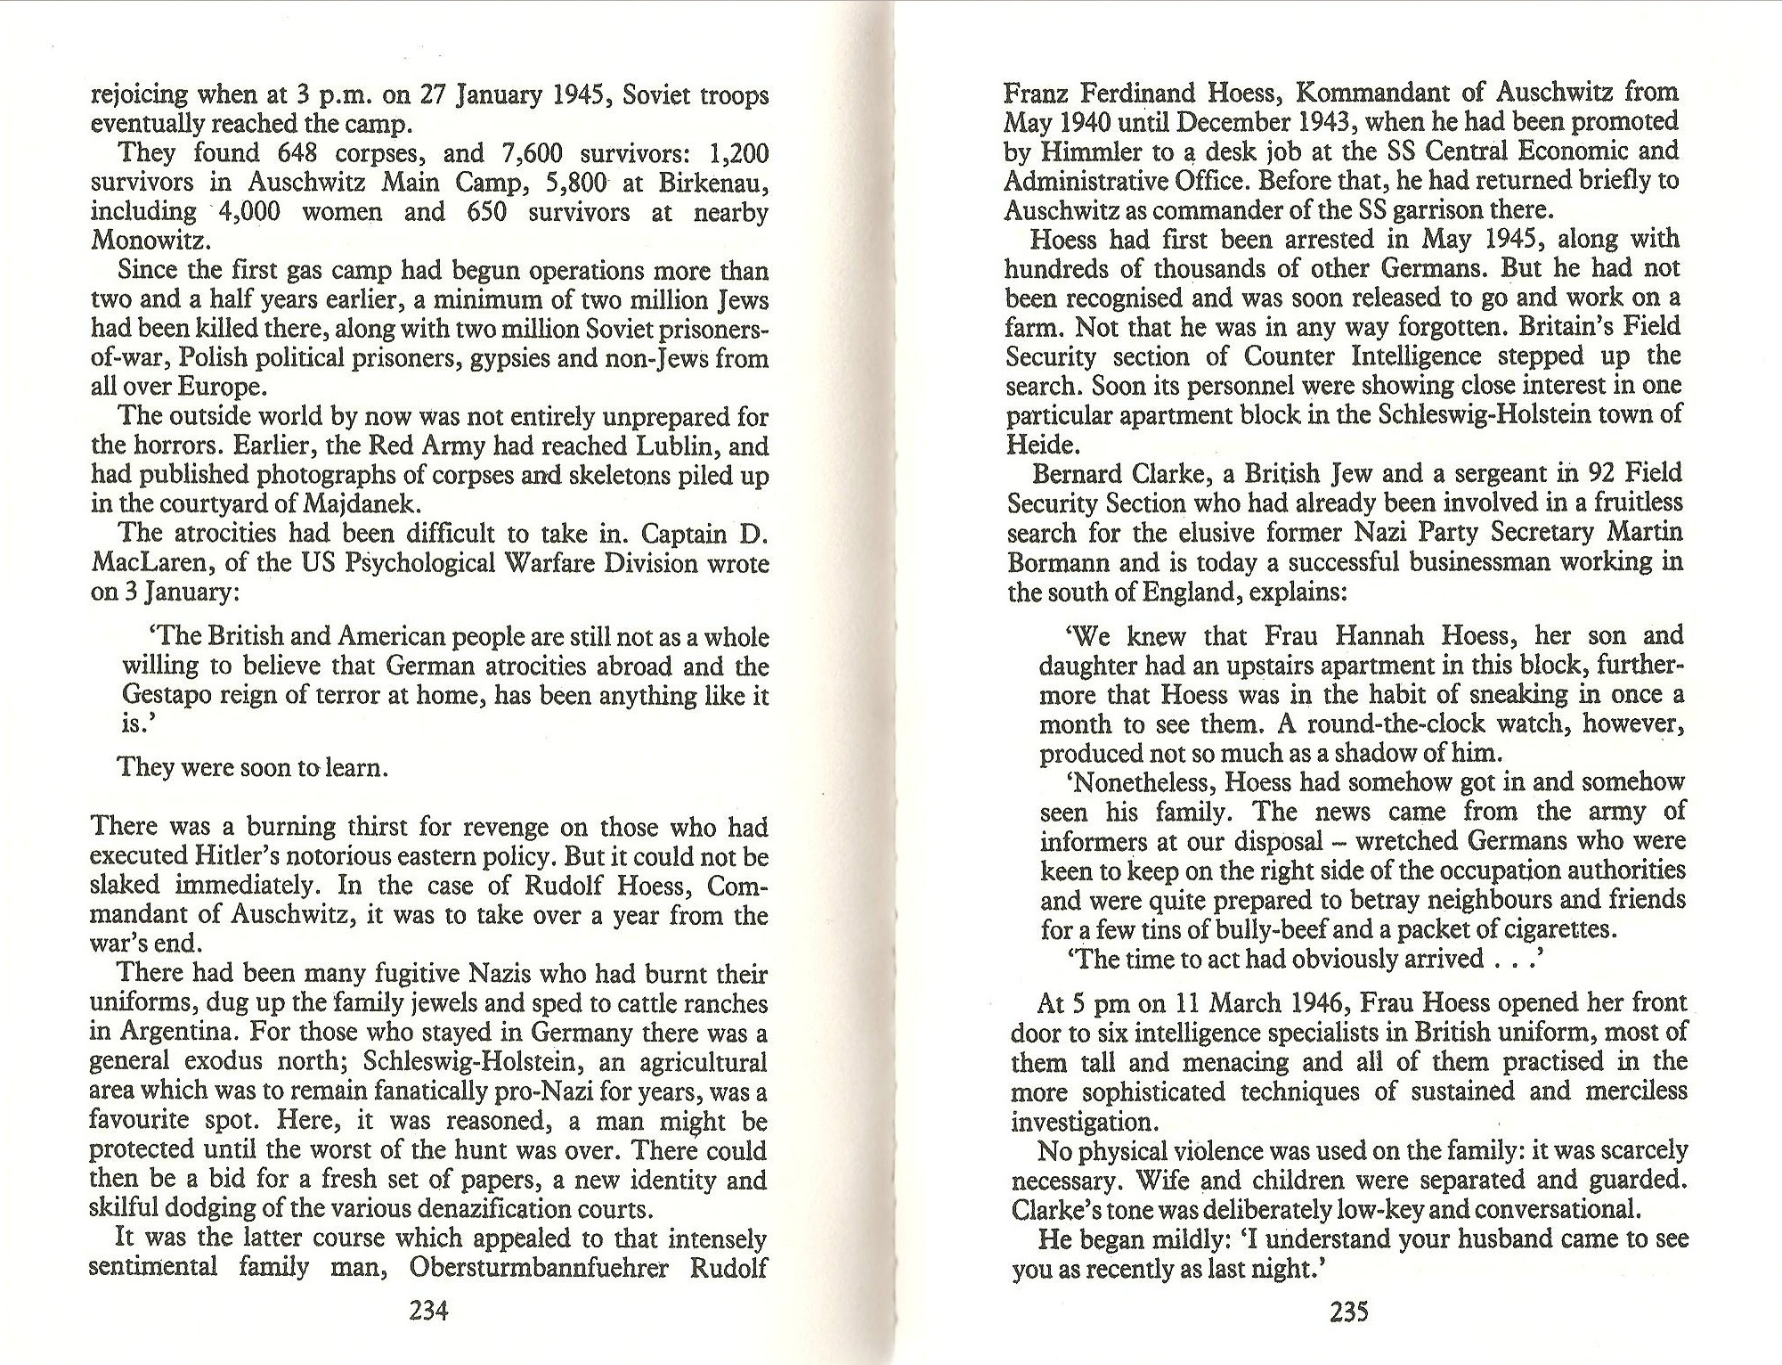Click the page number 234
(x=427, y=1312)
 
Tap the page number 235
(x=1348, y=1312)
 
